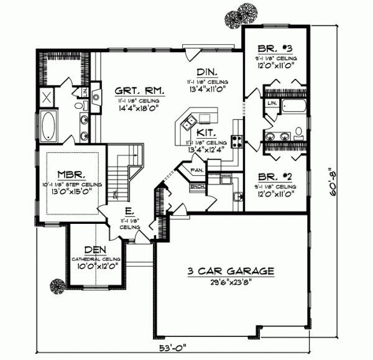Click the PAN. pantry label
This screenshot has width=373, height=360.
pos(197,169)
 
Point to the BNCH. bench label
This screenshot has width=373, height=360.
pos(197,185)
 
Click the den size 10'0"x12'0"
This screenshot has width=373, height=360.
pos(94,265)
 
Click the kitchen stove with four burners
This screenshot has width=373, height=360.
pos(236,141)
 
